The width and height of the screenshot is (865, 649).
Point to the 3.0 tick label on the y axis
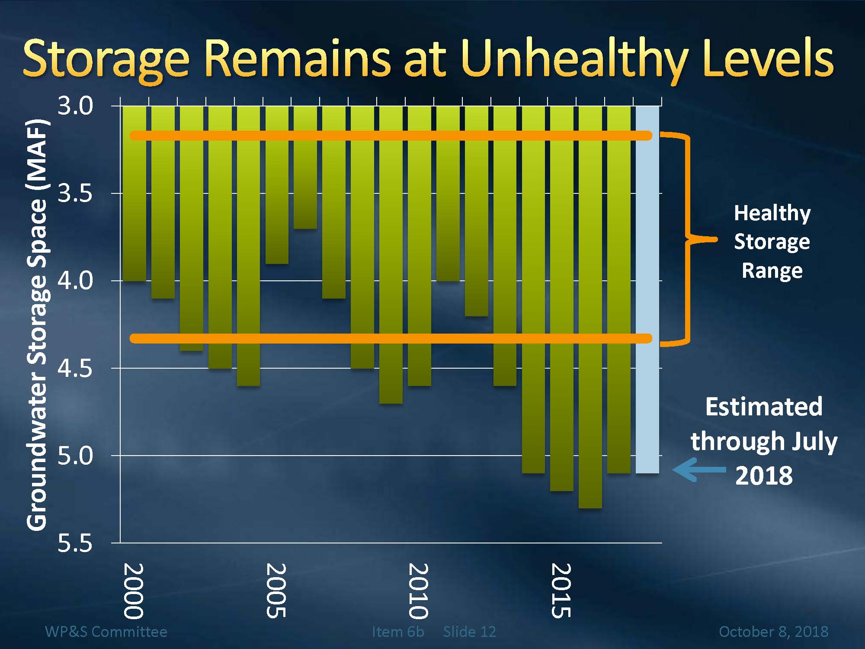pyautogui.click(x=75, y=106)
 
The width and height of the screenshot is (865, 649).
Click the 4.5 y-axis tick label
pyautogui.click(x=75, y=368)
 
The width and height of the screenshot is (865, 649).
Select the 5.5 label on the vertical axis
pyautogui.click(x=75, y=543)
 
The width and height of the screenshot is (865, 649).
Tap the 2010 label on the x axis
pyautogui.click(x=418, y=591)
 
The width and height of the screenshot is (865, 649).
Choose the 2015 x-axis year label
pyautogui.click(x=561, y=591)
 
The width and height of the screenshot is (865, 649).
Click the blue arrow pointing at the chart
pyautogui.click(x=698, y=470)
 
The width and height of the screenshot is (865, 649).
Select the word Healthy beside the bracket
pyautogui.click(x=772, y=213)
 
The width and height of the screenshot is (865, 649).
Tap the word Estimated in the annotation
pyautogui.click(x=764, y=407)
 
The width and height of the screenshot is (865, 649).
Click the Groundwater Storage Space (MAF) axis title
pyautogui.click(x=37, y=324)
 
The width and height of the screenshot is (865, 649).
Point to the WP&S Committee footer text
pyautogui.click(x=106, y=632)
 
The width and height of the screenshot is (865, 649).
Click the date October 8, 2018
pyautogui.click(x=773, y=632)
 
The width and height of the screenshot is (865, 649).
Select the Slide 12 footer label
pyautogui.click(x=469, y=632)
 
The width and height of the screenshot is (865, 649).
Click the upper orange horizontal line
pyautogui.click(x=389, y=135)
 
